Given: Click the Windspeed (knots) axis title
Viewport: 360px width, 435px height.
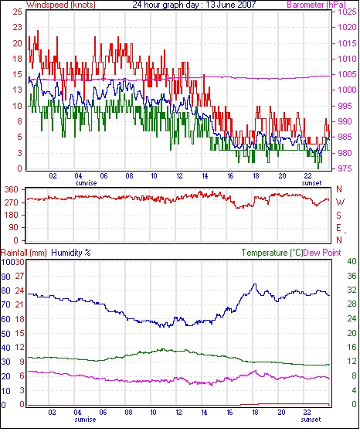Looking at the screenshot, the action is [61, 5].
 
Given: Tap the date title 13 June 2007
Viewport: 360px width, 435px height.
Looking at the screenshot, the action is [232, 5].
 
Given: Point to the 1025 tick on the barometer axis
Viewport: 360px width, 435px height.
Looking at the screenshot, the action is [347, 12].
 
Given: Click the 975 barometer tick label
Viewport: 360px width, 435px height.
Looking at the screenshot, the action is [345, 168].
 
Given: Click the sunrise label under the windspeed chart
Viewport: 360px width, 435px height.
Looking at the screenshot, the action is [86, 183].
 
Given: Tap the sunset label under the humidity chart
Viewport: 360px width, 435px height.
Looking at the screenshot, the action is [311, 420].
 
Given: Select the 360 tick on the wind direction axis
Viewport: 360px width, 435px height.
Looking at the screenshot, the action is [11, 190].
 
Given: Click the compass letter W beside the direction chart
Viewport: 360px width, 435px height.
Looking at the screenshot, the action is [340, 202].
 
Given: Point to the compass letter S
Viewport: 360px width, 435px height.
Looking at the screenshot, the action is [338, 215].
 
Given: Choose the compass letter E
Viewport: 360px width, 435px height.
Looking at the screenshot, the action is [338, 228].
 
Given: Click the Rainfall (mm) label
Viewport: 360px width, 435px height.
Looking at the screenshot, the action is [24, 253].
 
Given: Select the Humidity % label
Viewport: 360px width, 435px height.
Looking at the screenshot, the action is [71, 253].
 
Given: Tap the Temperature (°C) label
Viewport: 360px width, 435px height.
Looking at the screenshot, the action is [272, 253].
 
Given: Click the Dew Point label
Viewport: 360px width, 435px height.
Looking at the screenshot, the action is [322, 253].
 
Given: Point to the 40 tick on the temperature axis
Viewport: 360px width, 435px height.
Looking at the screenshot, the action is [352, 261].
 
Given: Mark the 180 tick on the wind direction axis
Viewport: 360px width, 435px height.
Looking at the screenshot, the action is [11, 215].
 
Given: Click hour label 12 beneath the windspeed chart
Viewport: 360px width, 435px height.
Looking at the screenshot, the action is [179, 176].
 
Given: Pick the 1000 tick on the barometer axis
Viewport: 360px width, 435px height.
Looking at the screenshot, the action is [347, 90].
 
